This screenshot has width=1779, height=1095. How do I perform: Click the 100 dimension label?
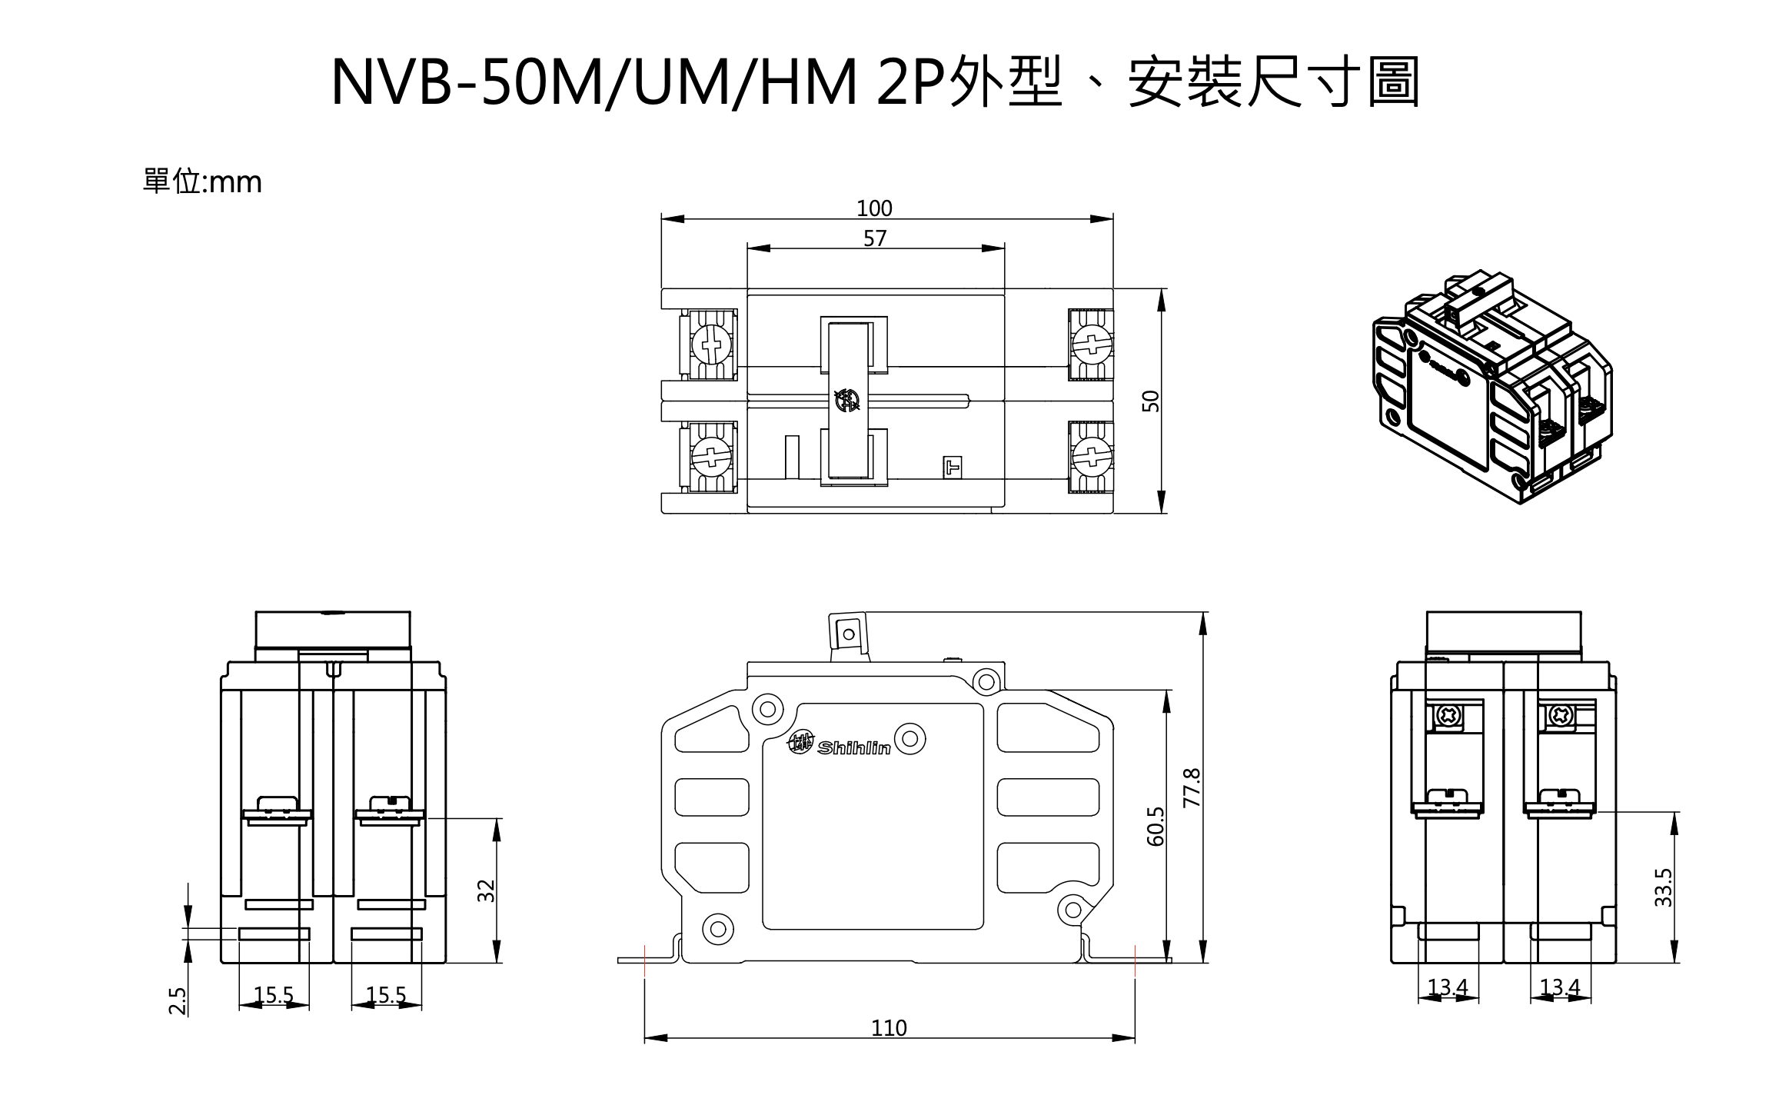[x=874, y=208]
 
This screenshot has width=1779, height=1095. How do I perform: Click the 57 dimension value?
[x=875, y=238]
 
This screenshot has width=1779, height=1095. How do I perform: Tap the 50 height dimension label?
[x=1151, y=401]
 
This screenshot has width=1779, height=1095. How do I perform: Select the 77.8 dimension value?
[x=1191, y=787]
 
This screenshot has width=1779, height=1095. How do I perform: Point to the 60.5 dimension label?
[x=1156, y=827]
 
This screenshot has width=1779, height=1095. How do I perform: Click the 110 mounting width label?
[x=889, y=1028]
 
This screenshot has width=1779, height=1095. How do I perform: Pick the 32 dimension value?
[x=487, y=890]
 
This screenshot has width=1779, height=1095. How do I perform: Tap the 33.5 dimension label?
[x=1663, y=887]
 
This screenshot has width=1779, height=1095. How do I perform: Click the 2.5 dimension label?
[x=178, y=1001]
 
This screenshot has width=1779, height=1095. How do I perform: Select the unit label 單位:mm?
[x=202, y=181]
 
